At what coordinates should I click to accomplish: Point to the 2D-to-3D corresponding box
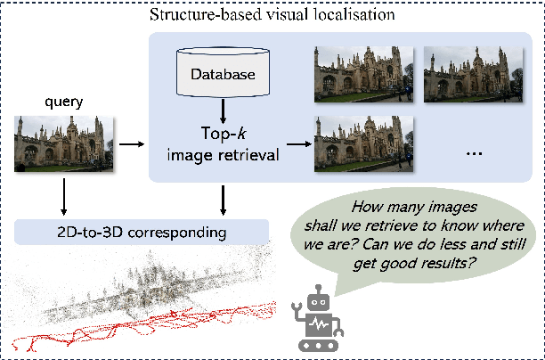tap(142, 233)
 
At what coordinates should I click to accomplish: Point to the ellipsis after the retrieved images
tap(474, 152)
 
